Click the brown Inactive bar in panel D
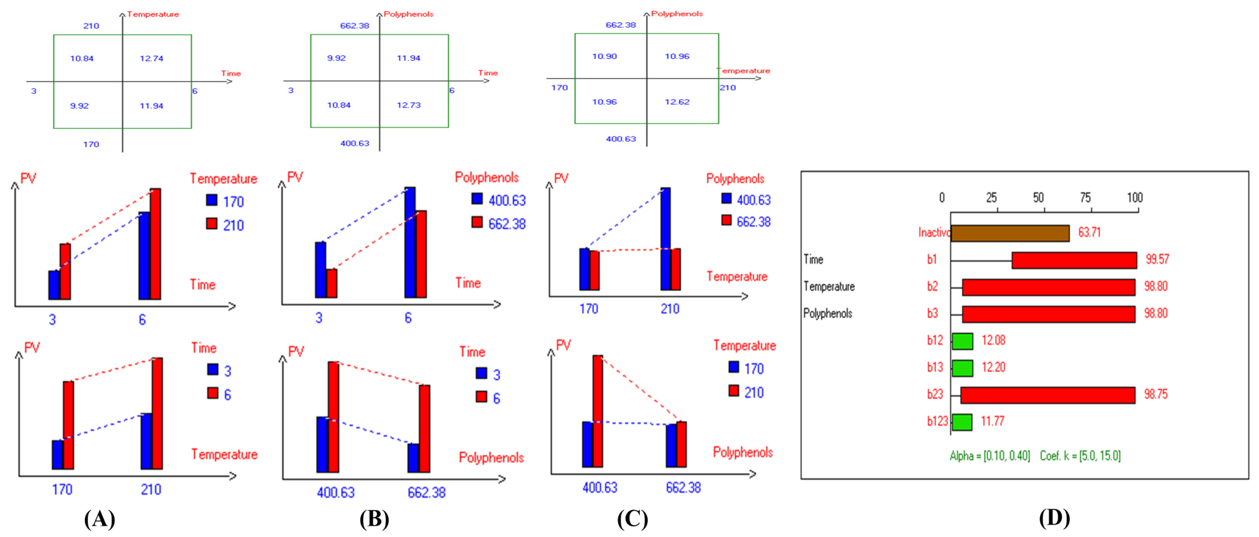click(1010, 233)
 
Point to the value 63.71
click(1089, 232)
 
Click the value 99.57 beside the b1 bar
click(1157, 259)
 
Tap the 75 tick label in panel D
click(1085, 198)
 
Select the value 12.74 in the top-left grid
click(152, 58)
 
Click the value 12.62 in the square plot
click(677, 102)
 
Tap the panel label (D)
click(1054, 518)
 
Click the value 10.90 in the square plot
click(605, 56)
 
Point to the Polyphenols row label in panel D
click(827, 314)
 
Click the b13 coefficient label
click(935, 367)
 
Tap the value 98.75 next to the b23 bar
click(1155, 394)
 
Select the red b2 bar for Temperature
click(1048, 287)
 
